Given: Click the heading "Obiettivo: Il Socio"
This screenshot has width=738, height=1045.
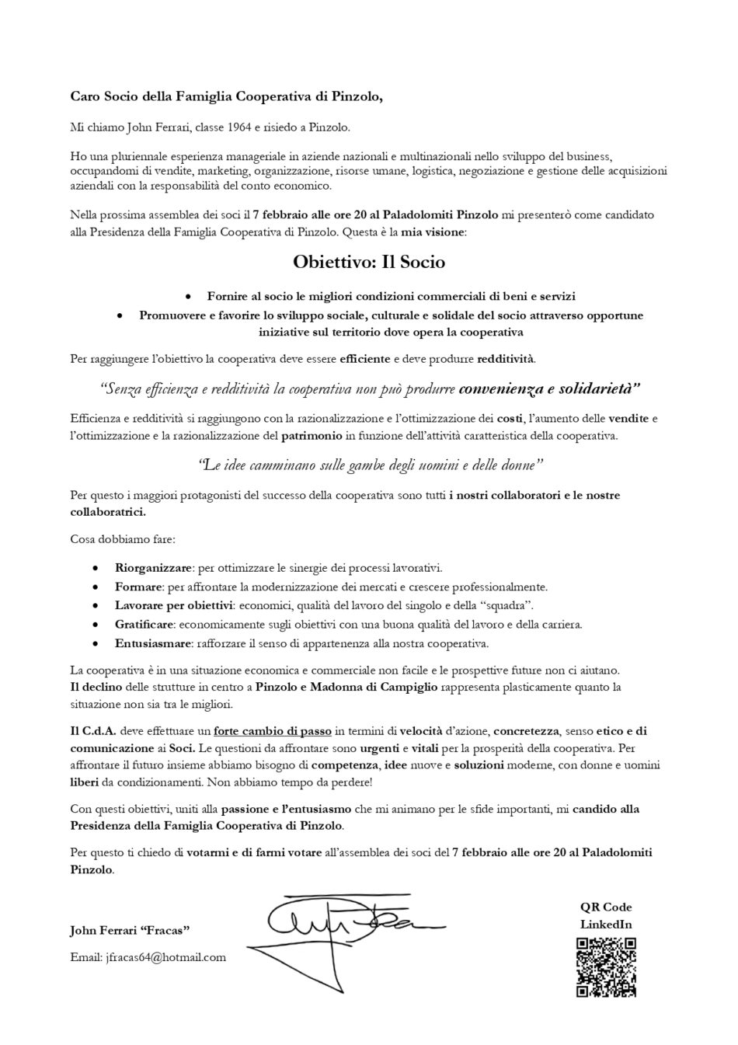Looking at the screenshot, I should (x=369, y=263).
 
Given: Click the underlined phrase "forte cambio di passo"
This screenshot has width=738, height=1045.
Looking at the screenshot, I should (x=273, y=731).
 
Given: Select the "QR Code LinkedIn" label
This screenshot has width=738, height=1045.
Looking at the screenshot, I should (x=606, y=915).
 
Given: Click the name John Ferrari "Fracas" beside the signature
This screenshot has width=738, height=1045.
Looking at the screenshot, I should (x=131, y=930).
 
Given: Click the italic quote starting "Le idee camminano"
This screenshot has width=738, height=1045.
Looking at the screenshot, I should (x=369, y=465).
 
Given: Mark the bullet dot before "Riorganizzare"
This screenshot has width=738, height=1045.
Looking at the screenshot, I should (x=96, y=569).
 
